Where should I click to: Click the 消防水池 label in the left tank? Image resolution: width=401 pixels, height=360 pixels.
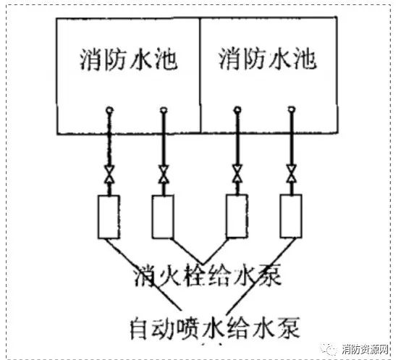(x=129, y=59)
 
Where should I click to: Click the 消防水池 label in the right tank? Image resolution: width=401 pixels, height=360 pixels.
(x=268, y=59)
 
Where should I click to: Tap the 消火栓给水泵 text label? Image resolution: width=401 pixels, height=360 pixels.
(x=208, y=276)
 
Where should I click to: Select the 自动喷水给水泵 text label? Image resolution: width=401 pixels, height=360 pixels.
(x=215, y=328)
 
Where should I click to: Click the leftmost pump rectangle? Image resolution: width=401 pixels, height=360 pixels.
(x=109, y=217)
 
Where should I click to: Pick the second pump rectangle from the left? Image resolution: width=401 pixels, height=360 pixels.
(x=163, y=217)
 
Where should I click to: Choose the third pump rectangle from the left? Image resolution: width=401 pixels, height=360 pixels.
(x=237, y=216)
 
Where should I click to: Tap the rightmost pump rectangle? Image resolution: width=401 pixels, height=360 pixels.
(x=291, y=216)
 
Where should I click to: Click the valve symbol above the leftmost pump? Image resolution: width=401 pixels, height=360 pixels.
(x=109, y=175)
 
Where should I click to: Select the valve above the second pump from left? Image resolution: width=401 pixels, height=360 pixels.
(x=164, y=175)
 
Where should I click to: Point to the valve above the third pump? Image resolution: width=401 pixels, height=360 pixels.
(x=237, y=174)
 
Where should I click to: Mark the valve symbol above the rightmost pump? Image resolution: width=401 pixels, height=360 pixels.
(x=291, y=174)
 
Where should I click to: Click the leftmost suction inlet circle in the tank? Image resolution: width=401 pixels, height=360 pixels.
(x=109, y=110)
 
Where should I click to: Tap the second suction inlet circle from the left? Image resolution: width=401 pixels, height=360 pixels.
(x=164, y=110)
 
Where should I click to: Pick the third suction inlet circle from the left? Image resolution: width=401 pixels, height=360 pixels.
(x=237, y=110)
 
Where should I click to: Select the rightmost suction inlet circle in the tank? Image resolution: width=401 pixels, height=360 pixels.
(x=292, y=109)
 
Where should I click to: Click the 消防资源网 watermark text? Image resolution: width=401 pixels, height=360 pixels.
(x=366, y=350)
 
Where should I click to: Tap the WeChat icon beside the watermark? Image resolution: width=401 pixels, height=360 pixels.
(x=329, y=349)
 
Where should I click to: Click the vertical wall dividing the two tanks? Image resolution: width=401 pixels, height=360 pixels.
(x=200, y=75)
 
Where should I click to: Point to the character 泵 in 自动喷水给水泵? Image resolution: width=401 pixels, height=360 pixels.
(x=289, y=328)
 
